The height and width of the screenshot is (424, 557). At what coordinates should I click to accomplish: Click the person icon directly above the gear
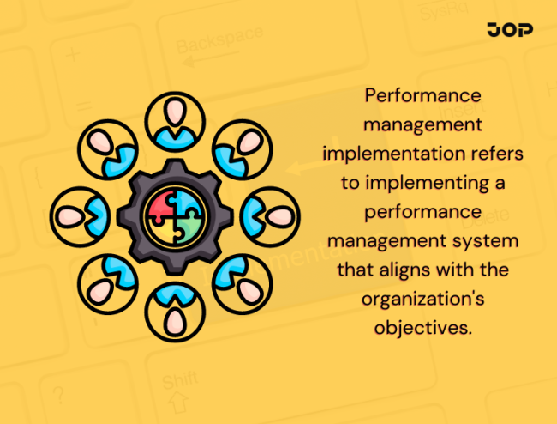pos(176,121)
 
